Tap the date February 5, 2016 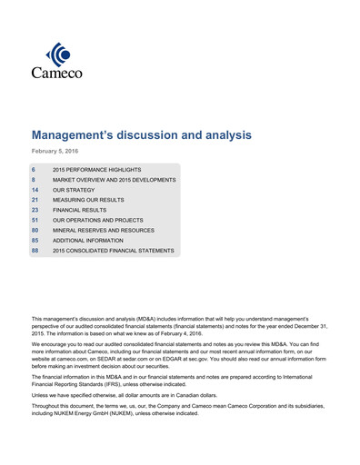click(x=56, y=152)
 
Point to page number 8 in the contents click(x=34, y=180)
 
